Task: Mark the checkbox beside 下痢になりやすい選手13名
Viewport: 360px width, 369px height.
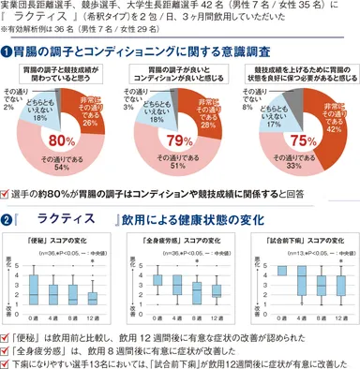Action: (7, 360)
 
